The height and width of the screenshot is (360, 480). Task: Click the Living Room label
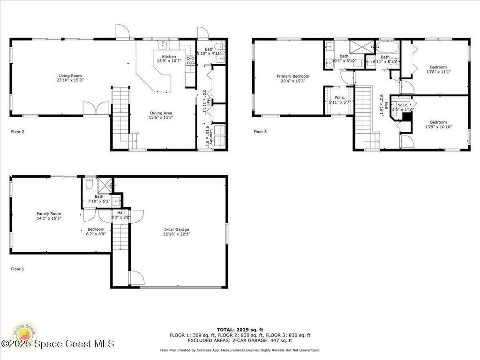(x=70, y=76)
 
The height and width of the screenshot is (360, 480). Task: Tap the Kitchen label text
(x=169, y=57)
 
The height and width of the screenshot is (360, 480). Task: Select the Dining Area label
(x=161, y=113)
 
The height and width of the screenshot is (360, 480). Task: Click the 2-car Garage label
(x=176, y=229)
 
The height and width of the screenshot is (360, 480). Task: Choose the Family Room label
(x=49, y=213)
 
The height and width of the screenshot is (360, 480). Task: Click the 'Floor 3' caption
(x=260, y=132)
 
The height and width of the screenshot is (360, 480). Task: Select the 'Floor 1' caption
(x=17, y=269)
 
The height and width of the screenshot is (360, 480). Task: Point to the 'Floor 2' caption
(x=17, y=132)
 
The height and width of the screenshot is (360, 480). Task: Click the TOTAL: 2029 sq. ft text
(x=240, y=330)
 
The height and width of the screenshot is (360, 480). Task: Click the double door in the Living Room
(x=96, y=108)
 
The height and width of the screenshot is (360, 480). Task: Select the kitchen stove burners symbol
(x=191, y=60)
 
